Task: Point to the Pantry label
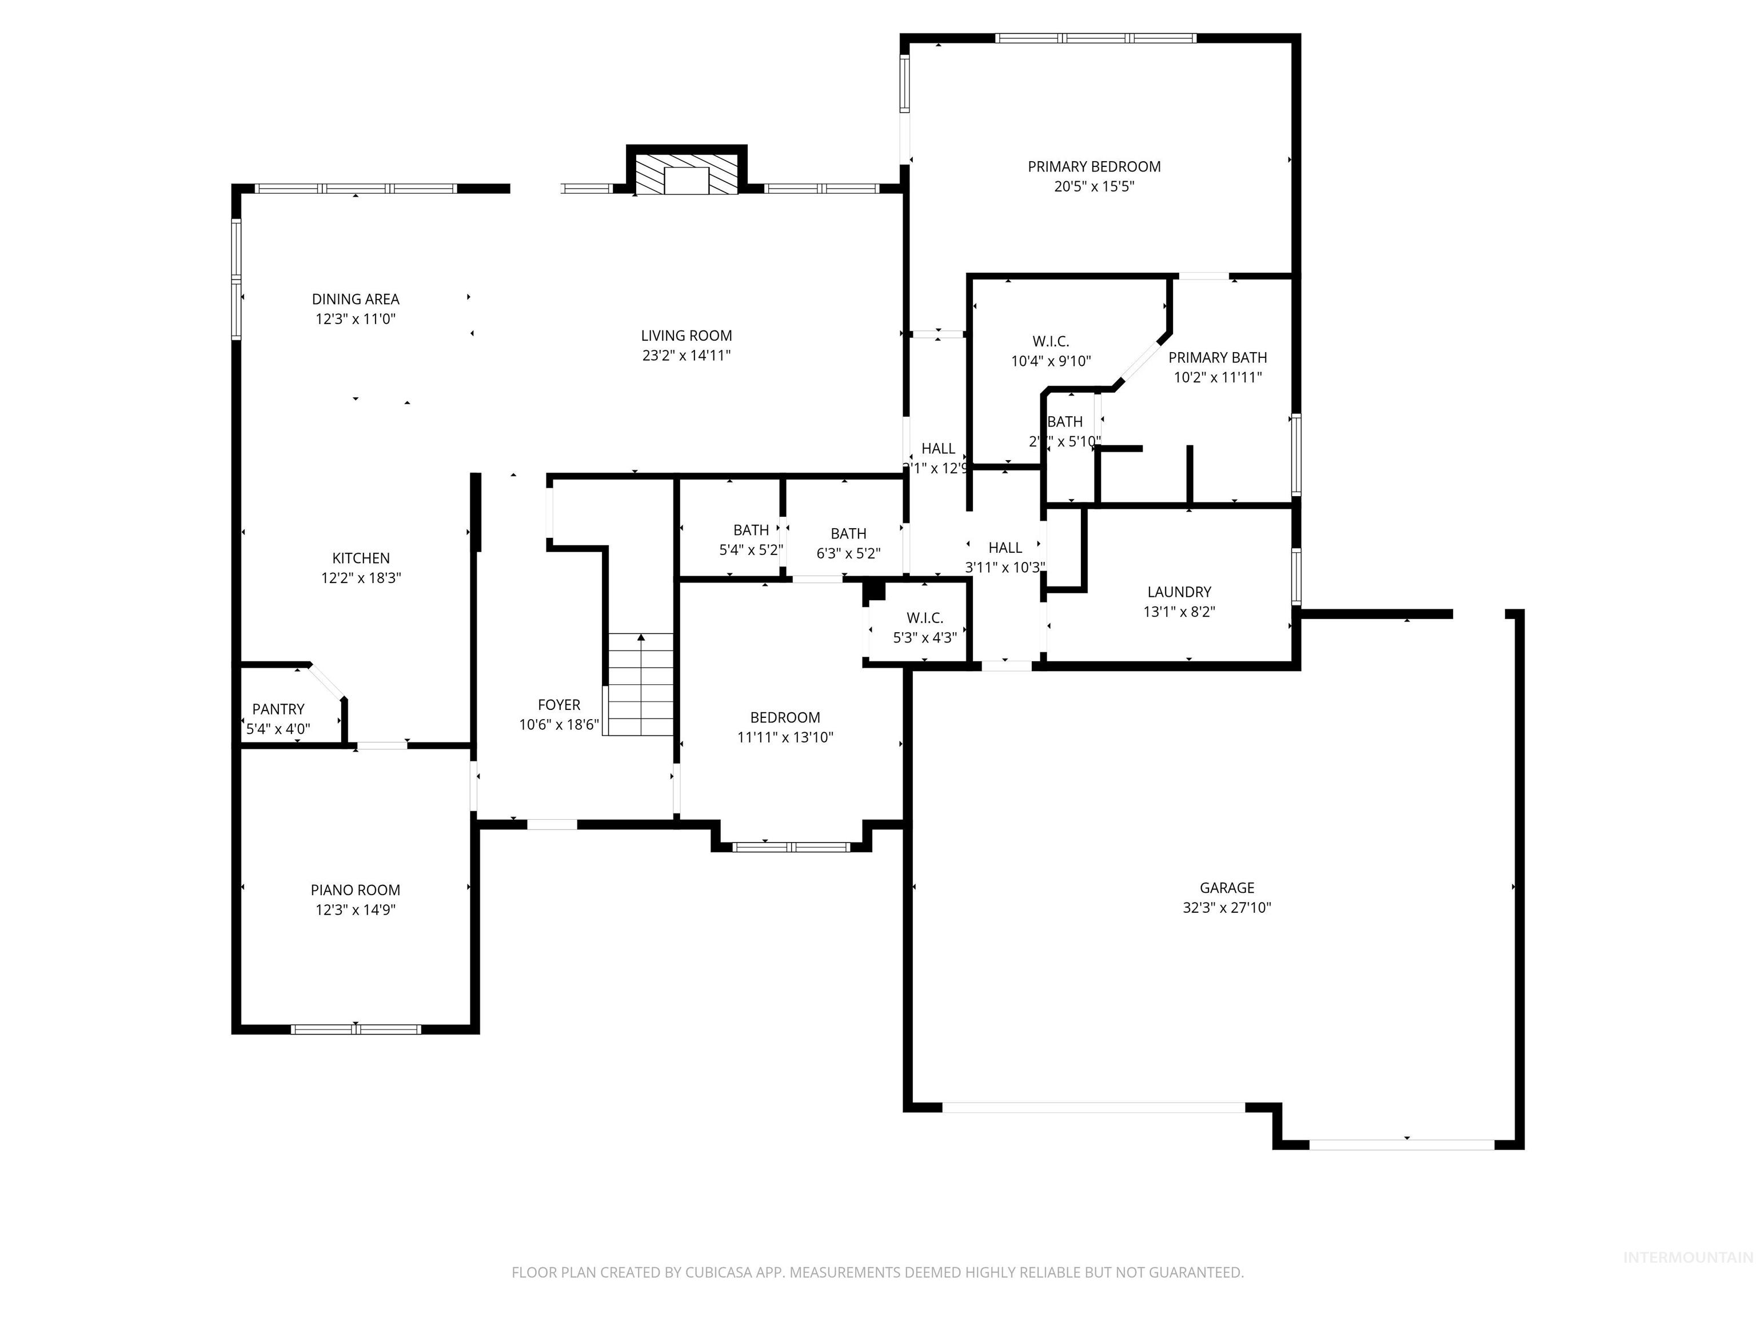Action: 278,709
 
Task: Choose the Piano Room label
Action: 355,890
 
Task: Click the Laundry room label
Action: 1179,592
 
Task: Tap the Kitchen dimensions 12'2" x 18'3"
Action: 361,578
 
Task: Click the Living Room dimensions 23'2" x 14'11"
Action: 686,356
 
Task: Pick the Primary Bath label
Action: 1217,357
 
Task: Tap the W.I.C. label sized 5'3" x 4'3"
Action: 924,617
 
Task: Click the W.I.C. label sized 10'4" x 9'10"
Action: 1050,341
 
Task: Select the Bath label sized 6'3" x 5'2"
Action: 848,533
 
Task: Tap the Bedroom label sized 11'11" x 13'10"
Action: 784,717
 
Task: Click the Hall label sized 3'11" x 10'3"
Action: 1004,548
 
